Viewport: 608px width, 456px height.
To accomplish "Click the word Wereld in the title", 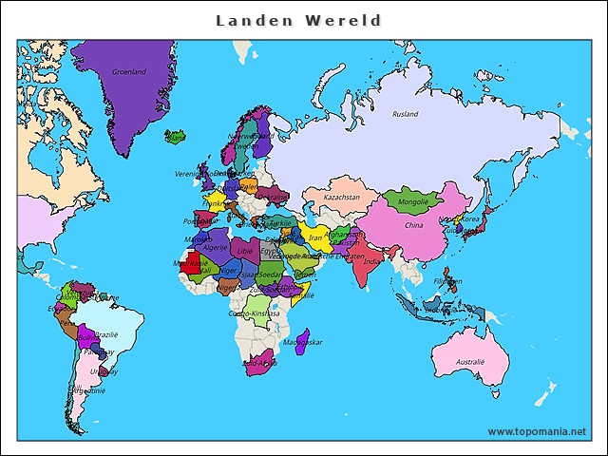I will tap(349, 20).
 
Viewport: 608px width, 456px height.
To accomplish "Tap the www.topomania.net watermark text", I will tap(537, 431).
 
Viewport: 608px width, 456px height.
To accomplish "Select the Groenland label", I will tap(129, 71).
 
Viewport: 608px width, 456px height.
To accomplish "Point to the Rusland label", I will tap(406, 114).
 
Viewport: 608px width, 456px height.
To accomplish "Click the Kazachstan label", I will tap(341, 198).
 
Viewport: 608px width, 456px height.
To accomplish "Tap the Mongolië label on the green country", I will tap(412, 202).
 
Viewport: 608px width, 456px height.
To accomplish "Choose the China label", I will tap(414, 226).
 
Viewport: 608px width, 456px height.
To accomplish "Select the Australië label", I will tap(469, 362).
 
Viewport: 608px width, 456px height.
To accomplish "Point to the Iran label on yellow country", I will tap(316, 238).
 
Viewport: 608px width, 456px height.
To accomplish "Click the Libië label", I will tap(245, 251).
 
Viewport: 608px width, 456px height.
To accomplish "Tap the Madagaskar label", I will tap(304, 341).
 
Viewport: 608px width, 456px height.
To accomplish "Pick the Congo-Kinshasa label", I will tap(254, 313).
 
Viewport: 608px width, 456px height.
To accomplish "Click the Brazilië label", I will tap(106, 334).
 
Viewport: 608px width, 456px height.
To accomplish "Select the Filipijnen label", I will tap(447, 282).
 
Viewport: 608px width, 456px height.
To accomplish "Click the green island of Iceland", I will tap(175, 137).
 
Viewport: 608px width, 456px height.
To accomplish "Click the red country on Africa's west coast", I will tap(195, 261).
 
